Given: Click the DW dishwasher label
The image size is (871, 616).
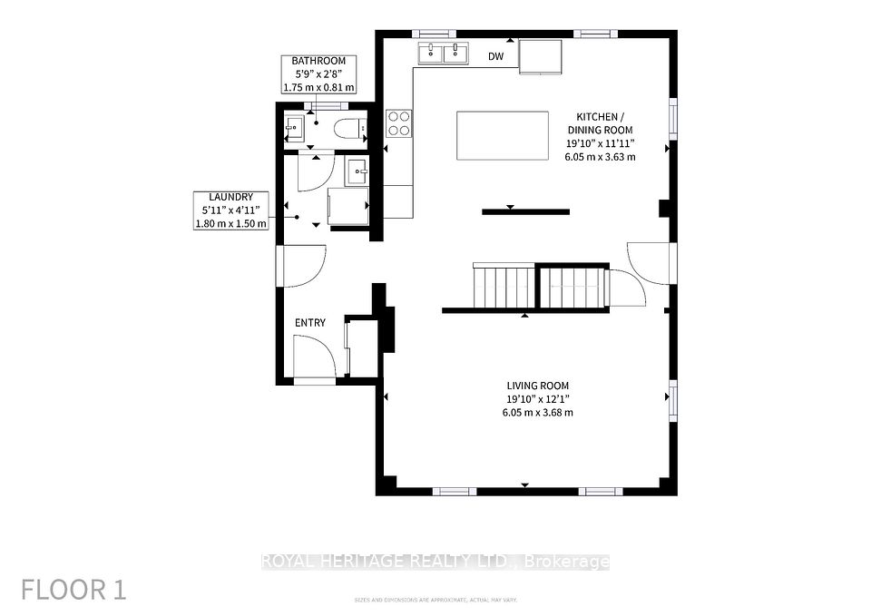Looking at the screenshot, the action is tap(496, 56).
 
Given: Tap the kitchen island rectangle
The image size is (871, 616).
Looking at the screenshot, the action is tap(503, 135).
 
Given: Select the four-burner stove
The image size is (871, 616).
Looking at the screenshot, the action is tap(399, 123).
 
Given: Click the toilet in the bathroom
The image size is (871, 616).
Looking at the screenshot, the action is tap(350, 128).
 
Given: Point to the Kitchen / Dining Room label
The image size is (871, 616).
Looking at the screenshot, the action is tap(600, 123).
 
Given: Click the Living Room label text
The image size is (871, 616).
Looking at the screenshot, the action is tap(538, 386).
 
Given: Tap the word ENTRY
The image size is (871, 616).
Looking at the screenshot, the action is tap(310, 323).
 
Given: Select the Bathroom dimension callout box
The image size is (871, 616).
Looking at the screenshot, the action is tap(318, 73).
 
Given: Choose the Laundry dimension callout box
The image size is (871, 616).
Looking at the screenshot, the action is tap(231, 210).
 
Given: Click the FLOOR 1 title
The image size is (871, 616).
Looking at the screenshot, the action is tap(73, 590).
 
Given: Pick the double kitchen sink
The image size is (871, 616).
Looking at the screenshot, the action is tap(443, 54).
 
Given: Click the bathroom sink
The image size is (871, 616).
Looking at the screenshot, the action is tap(294, 128).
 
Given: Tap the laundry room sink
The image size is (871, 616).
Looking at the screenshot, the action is tap(356, 171).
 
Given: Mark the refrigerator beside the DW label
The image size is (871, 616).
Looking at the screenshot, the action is tap(541, 56).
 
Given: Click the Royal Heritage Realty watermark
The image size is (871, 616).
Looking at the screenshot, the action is tap(435, 562).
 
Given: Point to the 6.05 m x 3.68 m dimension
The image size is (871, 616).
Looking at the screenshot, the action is tap(538, 413).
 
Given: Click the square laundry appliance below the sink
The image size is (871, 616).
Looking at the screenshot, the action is tap(348, 206).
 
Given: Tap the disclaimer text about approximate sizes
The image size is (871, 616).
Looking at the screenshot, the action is tap(435, 600).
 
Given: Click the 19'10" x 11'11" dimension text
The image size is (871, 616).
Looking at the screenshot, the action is tap(600, 143).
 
